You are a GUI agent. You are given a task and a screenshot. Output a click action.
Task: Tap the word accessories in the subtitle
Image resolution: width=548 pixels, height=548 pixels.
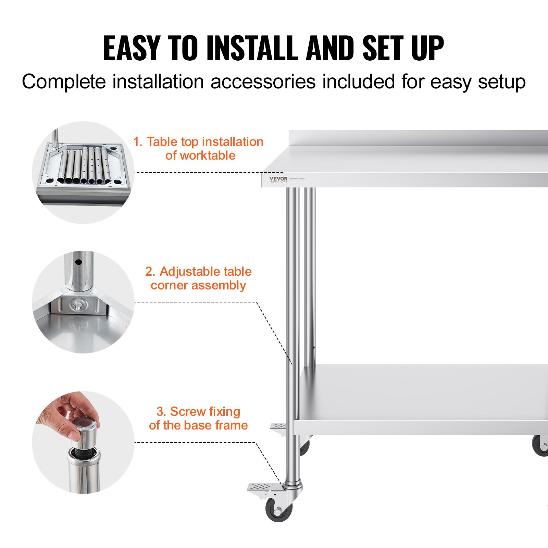coord(263,82)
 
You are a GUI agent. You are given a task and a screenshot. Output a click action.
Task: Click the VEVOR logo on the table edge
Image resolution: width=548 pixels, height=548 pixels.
coord(278,179)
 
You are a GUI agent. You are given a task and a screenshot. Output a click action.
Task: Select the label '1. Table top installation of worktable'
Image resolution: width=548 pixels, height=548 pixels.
coord(198,149)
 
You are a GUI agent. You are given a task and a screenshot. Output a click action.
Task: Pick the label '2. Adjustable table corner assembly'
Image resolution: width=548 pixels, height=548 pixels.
coord(198,278)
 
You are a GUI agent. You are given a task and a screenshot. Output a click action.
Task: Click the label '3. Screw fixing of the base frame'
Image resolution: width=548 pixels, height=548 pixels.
coord(198,418)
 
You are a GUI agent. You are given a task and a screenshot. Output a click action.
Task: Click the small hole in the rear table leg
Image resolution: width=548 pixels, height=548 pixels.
coord(313,348)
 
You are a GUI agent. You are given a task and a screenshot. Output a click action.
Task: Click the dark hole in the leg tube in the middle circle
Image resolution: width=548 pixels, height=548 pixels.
coord(78,262)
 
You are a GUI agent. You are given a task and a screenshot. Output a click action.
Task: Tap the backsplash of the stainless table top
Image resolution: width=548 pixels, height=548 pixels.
coord(418,138)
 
